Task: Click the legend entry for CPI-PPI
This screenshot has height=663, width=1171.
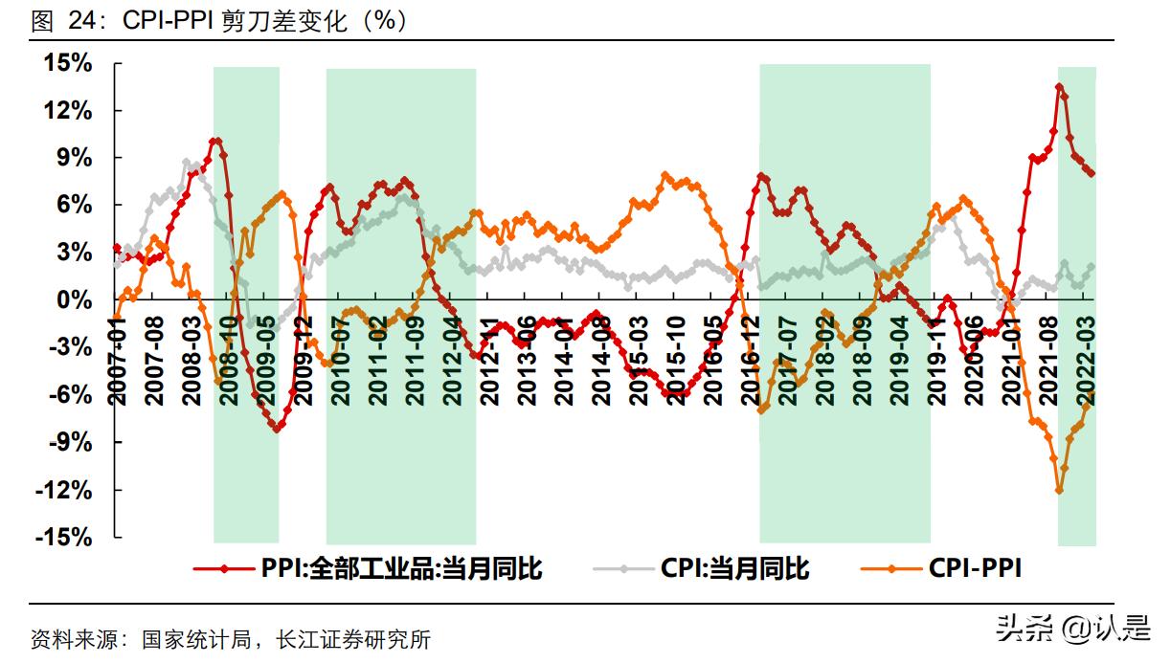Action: point(975,568)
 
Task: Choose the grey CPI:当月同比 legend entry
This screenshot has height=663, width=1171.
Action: point(734,568)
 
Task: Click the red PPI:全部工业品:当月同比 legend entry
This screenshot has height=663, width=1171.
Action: point(401,568)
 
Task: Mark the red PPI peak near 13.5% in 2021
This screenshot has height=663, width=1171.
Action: point(1059,87)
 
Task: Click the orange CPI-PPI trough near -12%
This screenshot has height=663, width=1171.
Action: point(1059,490)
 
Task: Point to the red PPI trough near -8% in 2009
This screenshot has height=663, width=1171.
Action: point(277,429)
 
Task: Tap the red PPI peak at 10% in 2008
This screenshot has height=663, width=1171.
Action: point(215,142)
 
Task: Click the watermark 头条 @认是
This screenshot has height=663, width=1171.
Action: point(1071,629)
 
